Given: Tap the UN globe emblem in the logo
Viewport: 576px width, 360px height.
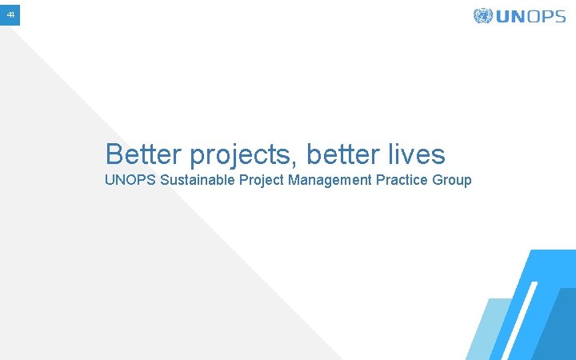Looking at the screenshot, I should tap(482, 16).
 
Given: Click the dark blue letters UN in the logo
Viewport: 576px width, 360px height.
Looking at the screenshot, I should tap(509, 16).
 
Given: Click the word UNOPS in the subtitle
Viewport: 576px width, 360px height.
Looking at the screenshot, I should tap(130, 180).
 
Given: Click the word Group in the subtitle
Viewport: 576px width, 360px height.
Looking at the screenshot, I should tap(452, 181).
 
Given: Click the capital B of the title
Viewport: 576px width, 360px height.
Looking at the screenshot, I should tap(114, 154).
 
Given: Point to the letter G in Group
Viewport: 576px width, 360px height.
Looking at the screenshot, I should tap(437, 180).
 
